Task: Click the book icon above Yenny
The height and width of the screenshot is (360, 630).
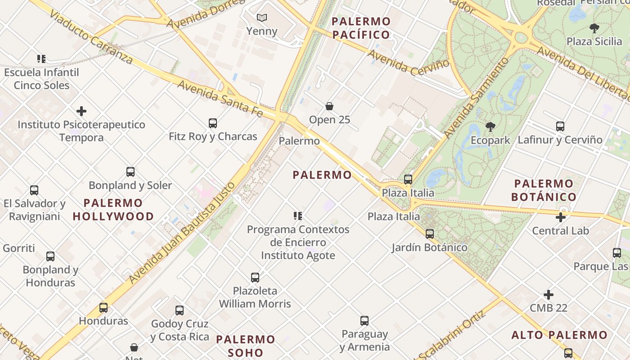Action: pos(262,18)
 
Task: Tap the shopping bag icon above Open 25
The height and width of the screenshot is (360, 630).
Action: pos(329,106)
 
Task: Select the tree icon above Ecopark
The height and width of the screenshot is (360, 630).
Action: pos(490,127)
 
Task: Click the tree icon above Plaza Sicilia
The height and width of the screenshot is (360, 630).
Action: pos(594,28)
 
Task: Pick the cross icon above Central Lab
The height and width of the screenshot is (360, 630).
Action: pos(560,217)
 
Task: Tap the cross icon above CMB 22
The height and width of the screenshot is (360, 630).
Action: pos(548,295)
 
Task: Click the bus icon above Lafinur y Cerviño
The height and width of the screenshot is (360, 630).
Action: pos(560,126)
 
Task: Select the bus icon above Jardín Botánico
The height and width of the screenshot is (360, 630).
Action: pos(430,234)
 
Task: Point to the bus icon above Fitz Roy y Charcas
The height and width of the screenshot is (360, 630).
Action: pos(213,123)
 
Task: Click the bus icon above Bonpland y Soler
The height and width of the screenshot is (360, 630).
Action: pos(130,172)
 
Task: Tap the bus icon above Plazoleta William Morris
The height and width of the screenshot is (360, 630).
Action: pos(255,277)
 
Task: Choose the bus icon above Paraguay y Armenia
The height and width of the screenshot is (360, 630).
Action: pos(364,321)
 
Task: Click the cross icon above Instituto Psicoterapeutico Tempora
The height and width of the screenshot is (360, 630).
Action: pos(81,111)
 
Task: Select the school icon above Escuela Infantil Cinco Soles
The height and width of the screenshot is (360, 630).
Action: pos(41,59)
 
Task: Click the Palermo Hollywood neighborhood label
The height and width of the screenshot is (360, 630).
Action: pos(113,210)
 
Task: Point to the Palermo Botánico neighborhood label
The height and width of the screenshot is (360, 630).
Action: pos(544,190)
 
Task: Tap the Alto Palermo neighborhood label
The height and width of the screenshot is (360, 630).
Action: pos(559,335)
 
